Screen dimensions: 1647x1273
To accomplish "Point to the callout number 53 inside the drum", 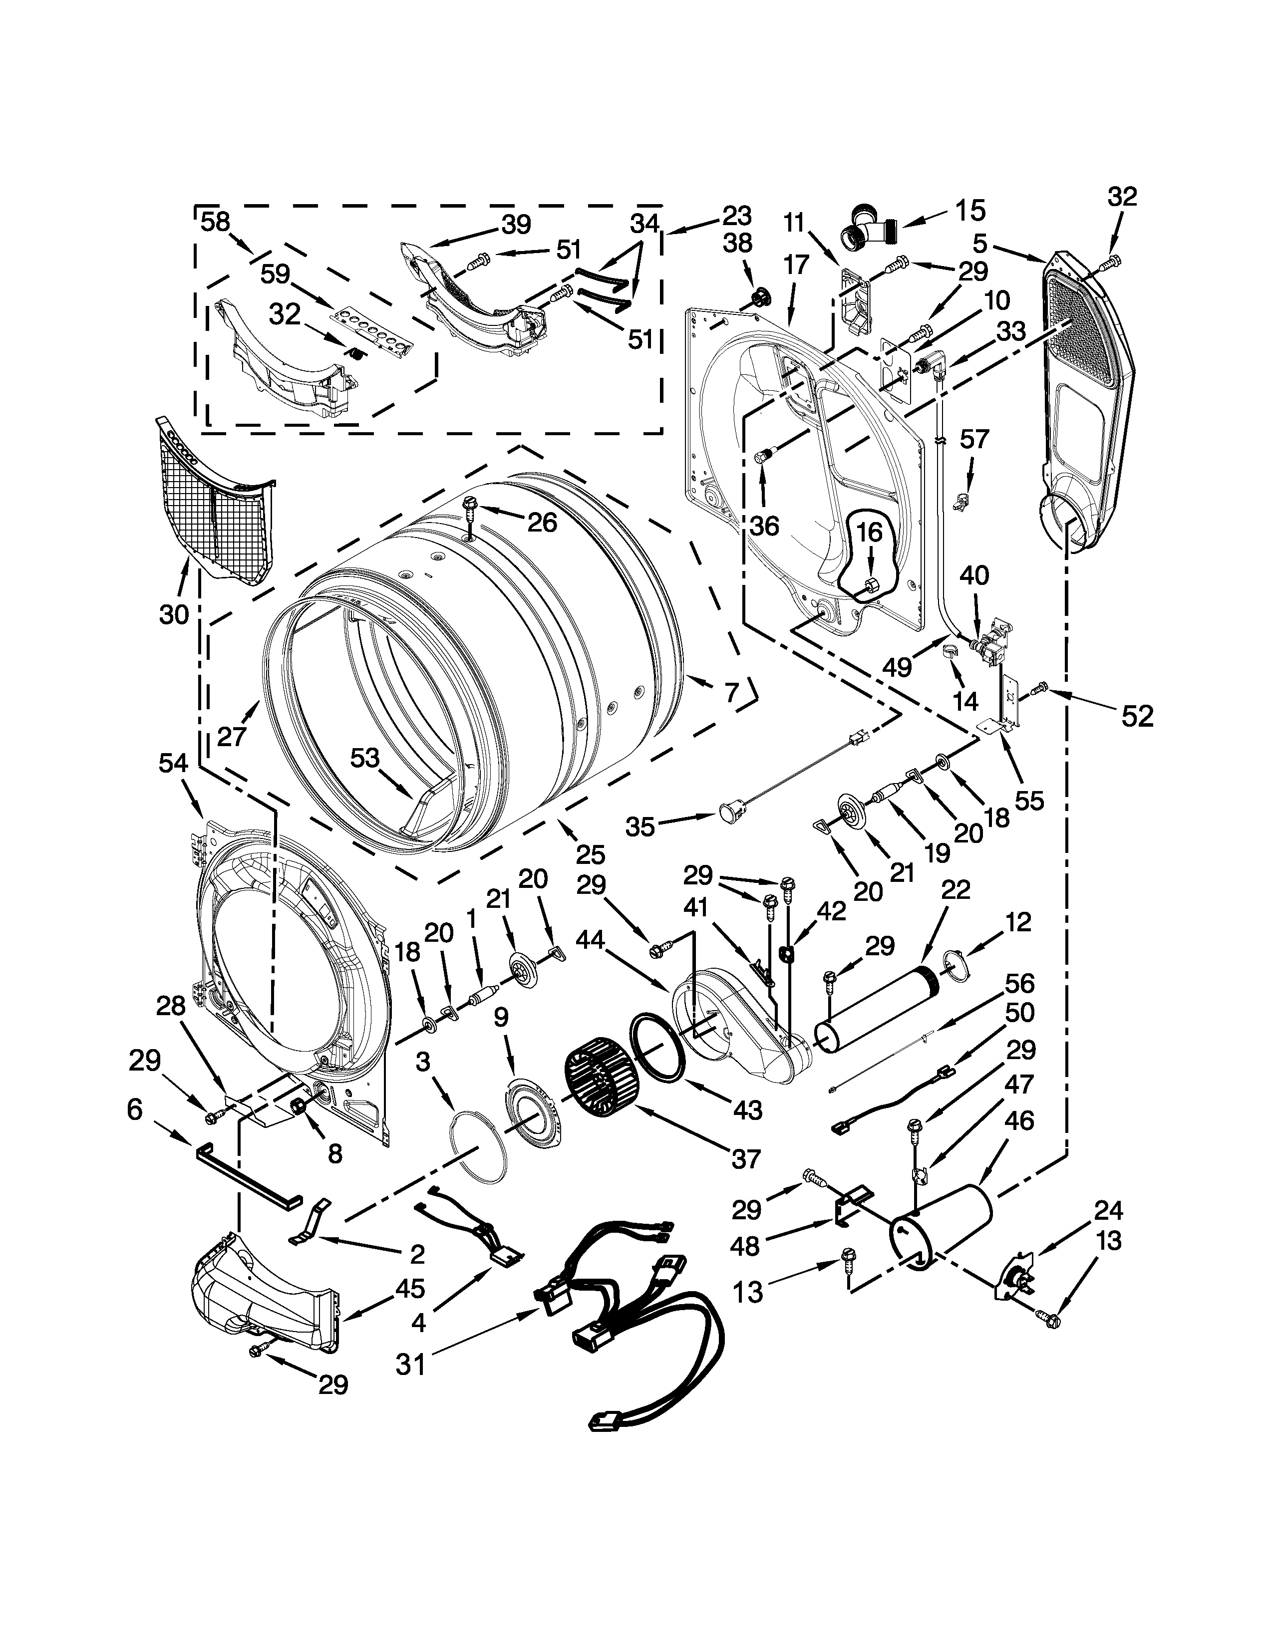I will click(364, 758).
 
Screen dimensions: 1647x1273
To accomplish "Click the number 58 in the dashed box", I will click(215, 222).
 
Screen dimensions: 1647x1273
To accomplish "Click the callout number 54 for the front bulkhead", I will click(173, 763).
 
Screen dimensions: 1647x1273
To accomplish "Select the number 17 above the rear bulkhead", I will click(796, 265).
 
